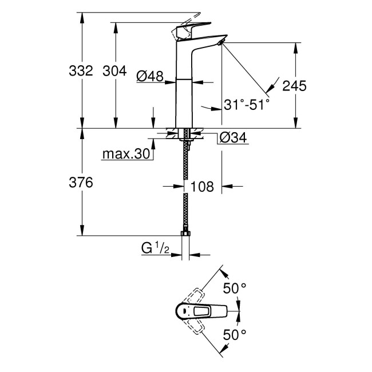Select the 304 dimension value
pos(114,72)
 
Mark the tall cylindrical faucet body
pos(184,86)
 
